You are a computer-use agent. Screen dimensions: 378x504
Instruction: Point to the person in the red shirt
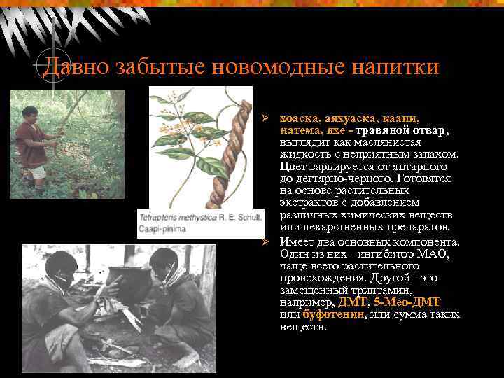pyautogui.click(x=31, y=140)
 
